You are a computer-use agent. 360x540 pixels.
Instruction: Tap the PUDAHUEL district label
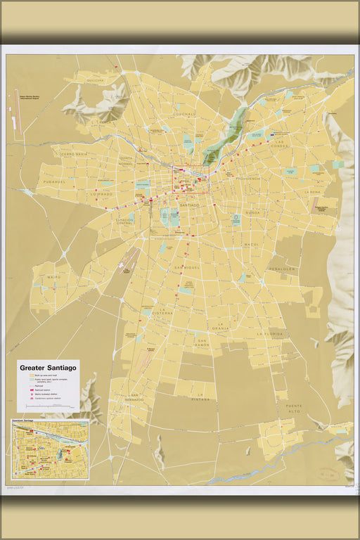(x=53, y=181)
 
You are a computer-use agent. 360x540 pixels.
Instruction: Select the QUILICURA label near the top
(x=95, y=81)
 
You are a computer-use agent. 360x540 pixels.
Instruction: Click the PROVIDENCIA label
(x=247, y=179)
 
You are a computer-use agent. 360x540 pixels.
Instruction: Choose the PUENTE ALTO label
(x=293, y=409)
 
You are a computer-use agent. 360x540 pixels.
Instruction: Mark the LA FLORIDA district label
(x=270, y=333)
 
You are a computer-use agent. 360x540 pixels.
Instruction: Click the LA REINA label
(x=312, y=191)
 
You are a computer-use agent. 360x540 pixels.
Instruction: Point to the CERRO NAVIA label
(x=75, y=153)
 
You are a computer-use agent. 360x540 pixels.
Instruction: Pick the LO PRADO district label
(x=101, y=193)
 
